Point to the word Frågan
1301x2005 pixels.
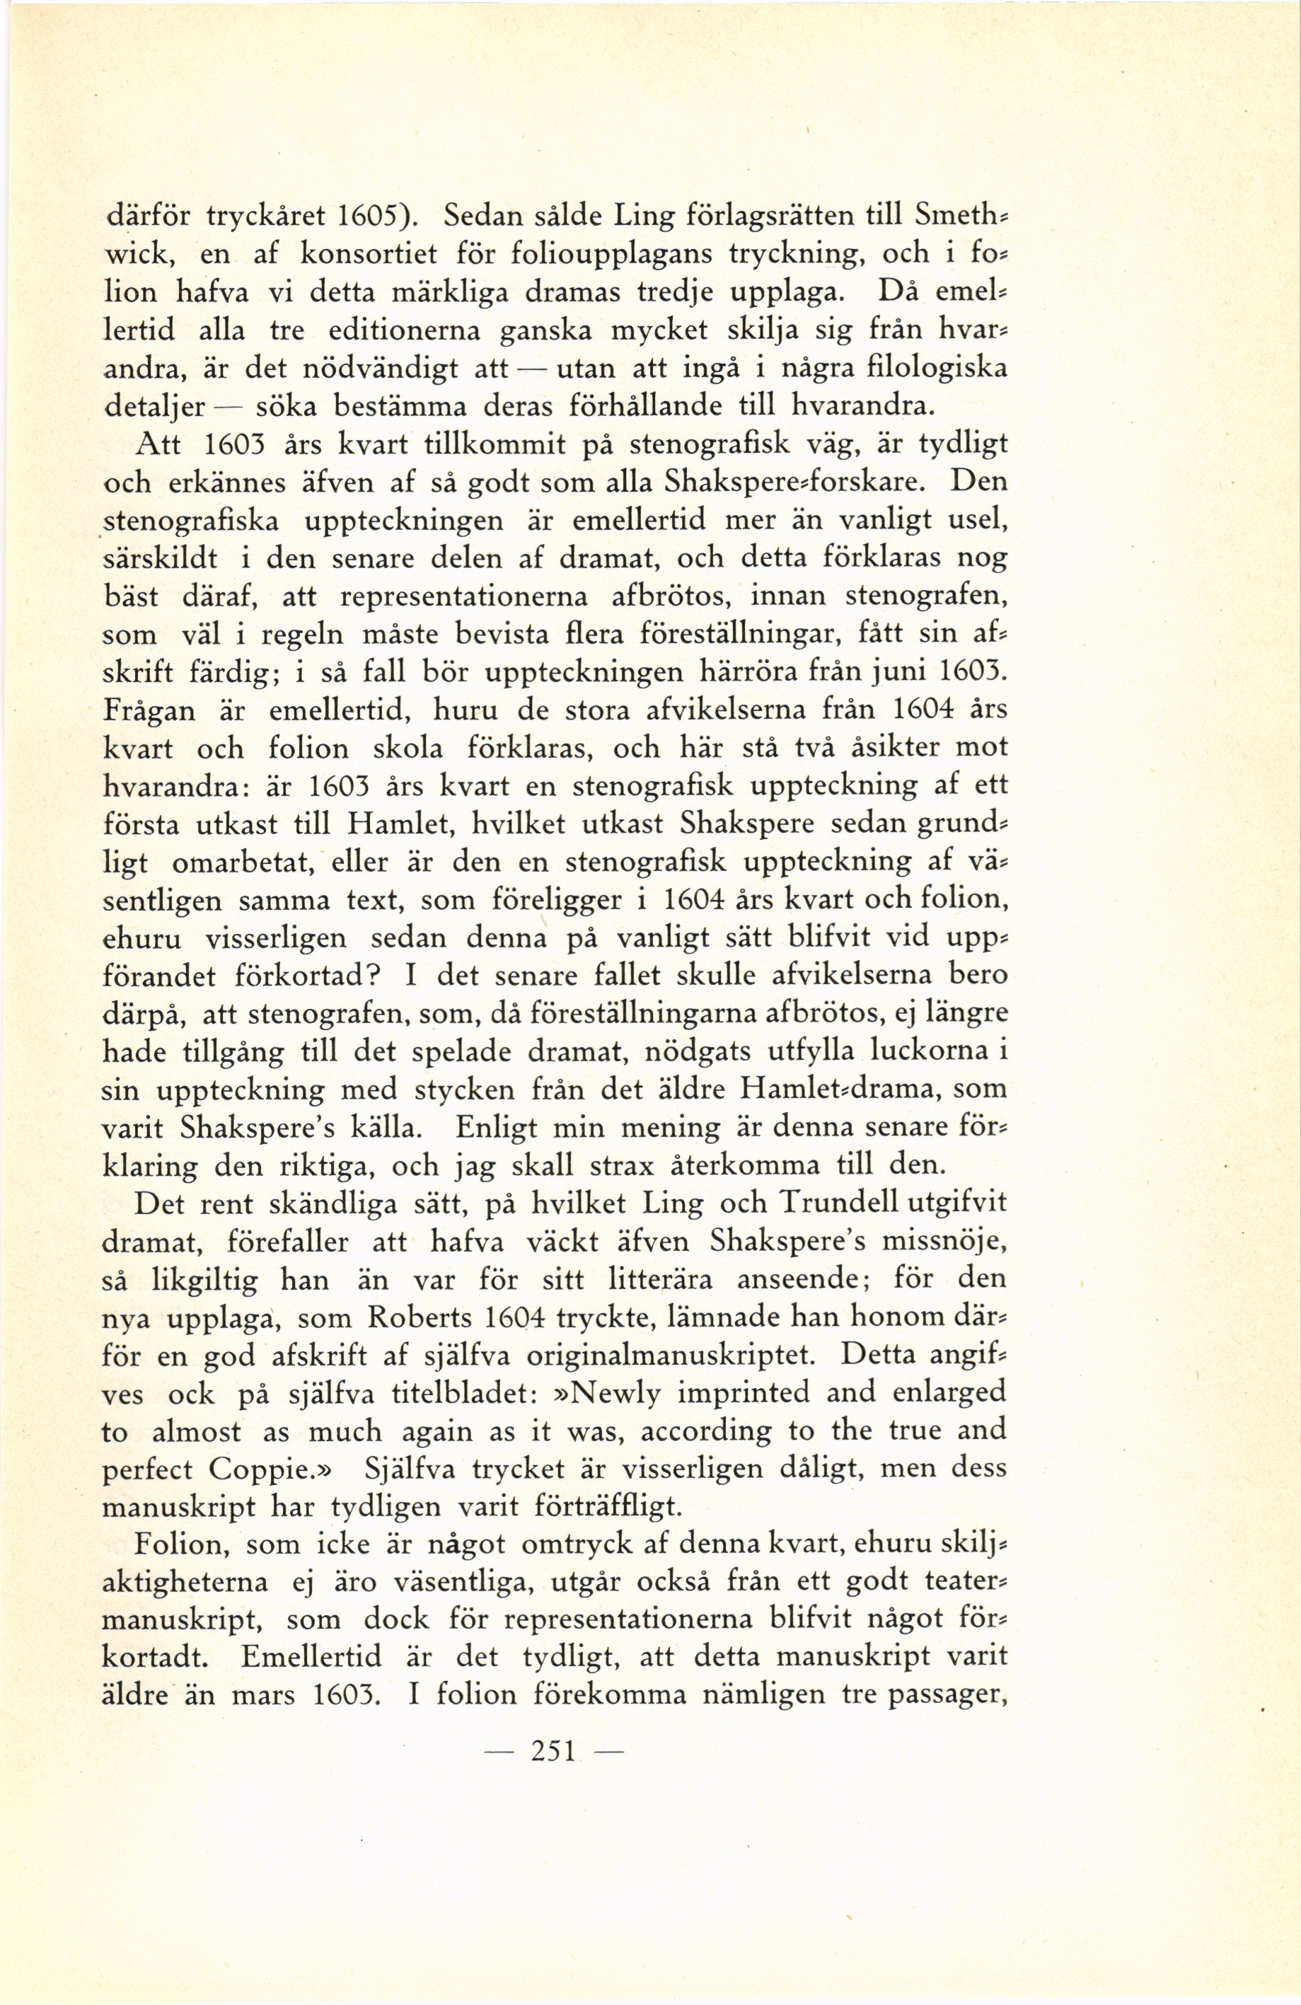149,712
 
